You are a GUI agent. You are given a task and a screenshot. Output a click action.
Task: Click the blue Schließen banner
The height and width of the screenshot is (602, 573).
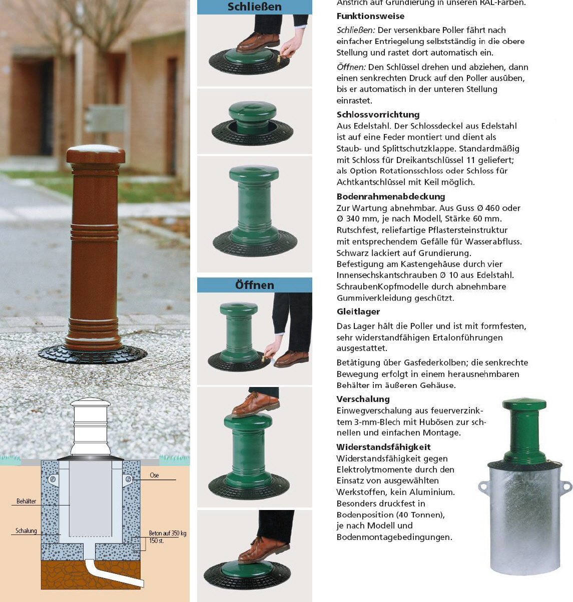tap(254, 6)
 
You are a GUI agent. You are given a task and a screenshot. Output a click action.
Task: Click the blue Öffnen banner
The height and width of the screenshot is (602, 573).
tap(254, 285)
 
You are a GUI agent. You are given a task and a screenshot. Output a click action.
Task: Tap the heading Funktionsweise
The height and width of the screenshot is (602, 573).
tap(370, 16)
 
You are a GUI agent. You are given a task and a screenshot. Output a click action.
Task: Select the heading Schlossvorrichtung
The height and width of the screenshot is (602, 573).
tap(378, 114)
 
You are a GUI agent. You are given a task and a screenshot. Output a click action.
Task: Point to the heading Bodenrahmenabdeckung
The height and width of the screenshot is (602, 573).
tap(390, 196)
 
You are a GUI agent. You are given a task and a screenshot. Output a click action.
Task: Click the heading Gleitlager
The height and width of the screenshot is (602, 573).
tap(358, 311)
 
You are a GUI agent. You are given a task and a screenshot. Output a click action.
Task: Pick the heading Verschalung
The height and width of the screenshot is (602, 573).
tap(363, 399)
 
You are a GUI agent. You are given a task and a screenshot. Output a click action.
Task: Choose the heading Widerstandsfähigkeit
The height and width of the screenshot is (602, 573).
tap(383, 447)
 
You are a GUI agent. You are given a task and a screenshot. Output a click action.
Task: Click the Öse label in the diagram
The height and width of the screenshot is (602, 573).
tap(154, 475)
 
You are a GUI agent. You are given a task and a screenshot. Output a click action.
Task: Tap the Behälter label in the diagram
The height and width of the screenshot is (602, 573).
tap(27, 501)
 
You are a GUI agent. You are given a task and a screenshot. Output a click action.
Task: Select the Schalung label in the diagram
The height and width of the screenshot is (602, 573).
tap(26, 530)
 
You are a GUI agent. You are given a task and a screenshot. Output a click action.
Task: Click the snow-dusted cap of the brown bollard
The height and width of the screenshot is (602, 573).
tap(96, 154)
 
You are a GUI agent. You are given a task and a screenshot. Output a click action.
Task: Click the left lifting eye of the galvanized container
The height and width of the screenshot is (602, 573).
tap(484, 486)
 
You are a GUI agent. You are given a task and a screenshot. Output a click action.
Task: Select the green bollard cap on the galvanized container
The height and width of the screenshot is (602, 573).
tap(524, 403)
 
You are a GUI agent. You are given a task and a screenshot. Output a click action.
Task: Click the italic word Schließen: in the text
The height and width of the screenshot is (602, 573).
tap(356, 30)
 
